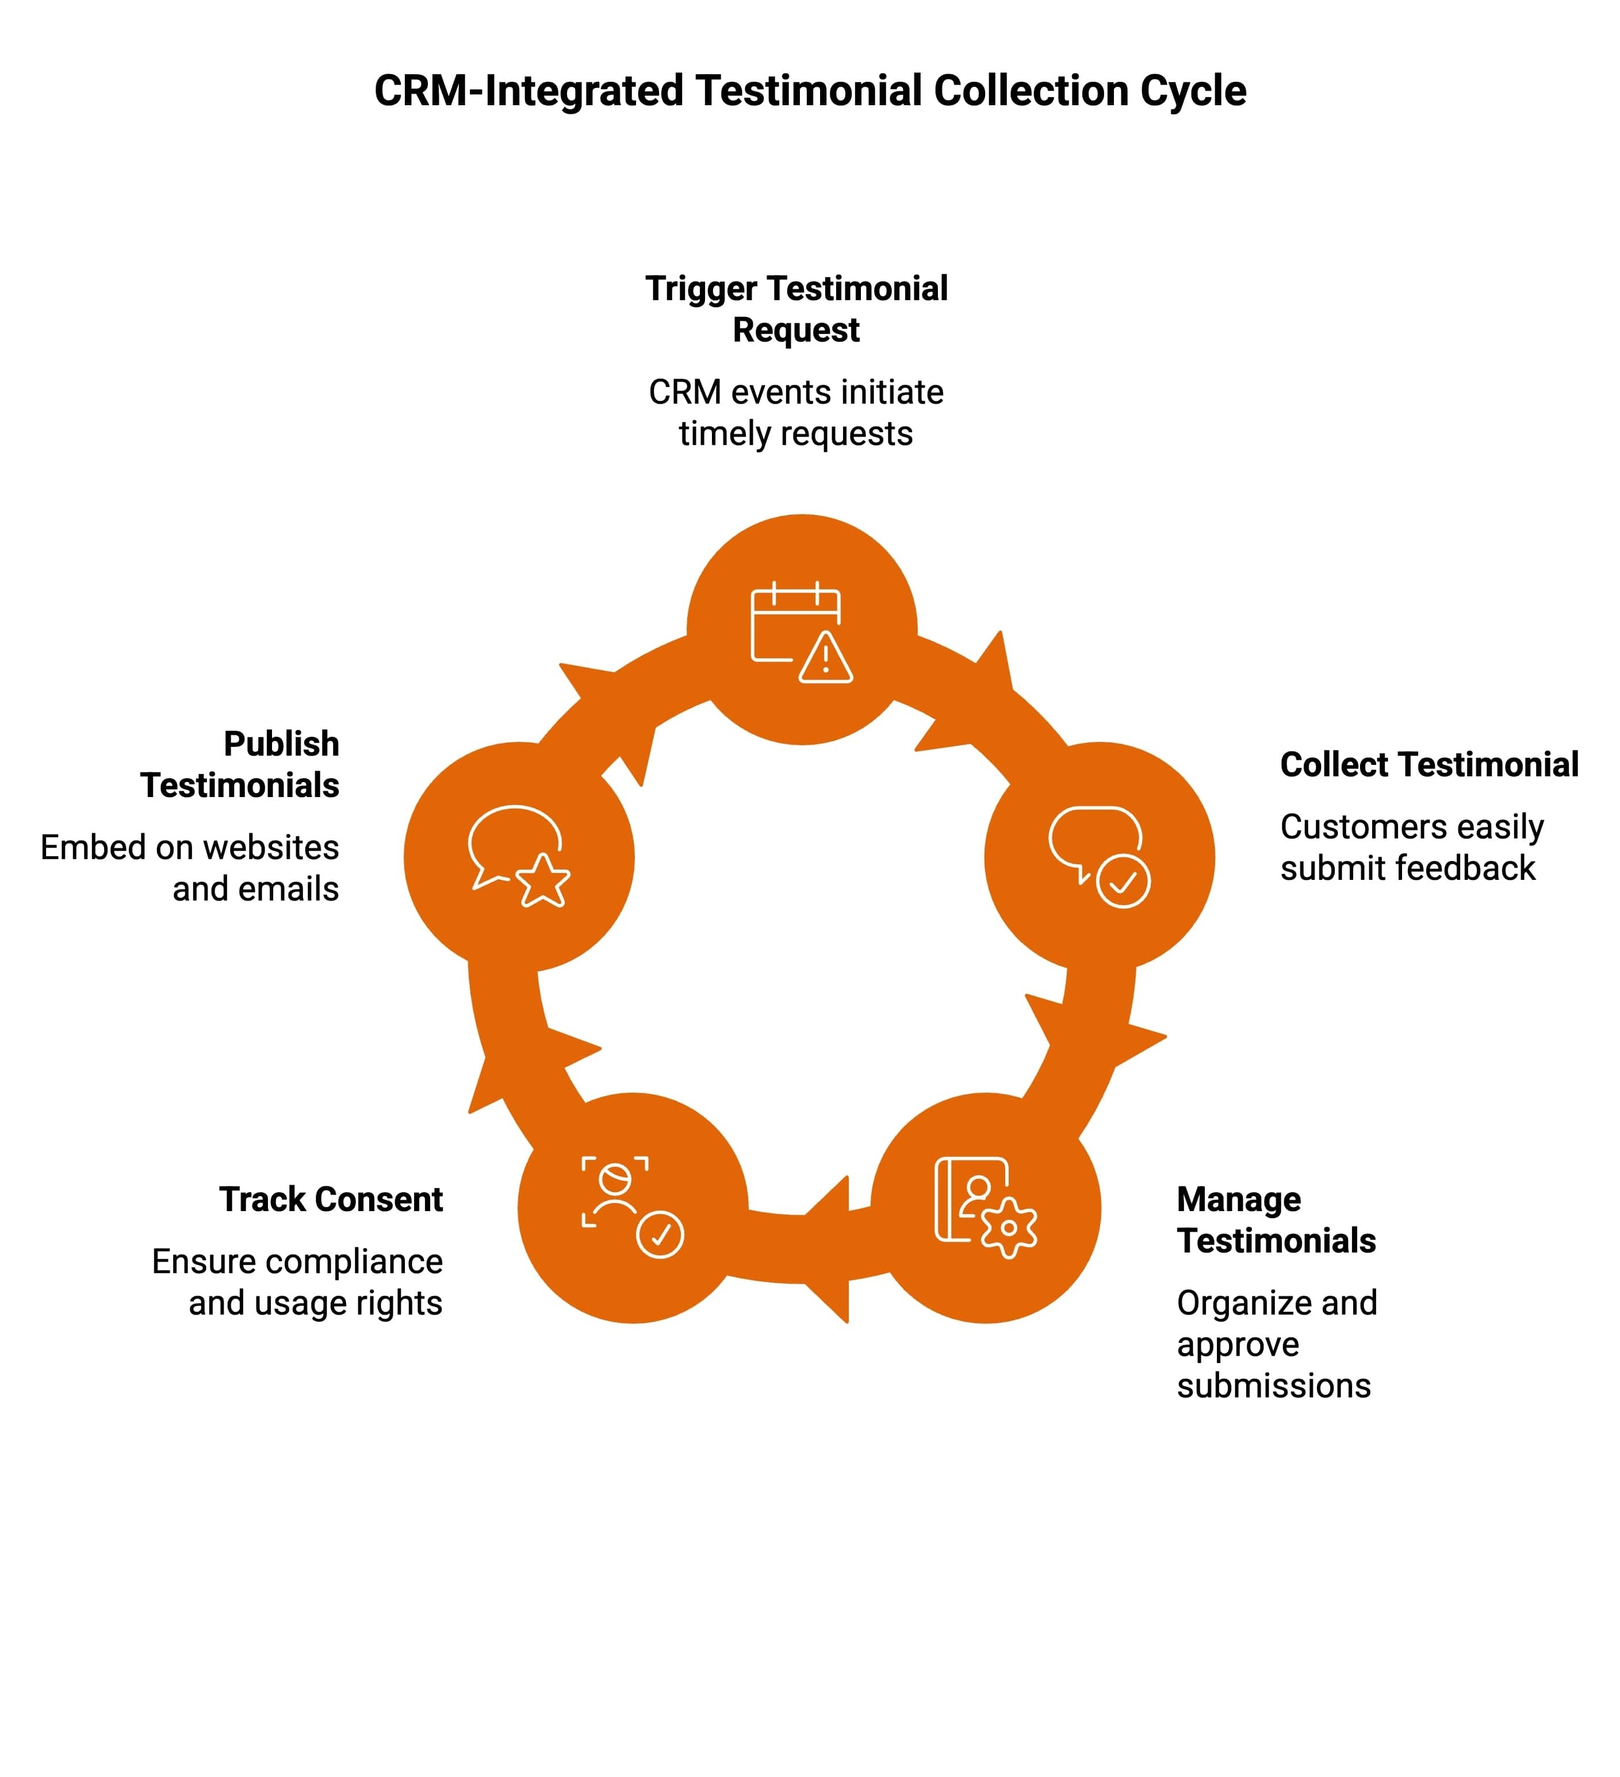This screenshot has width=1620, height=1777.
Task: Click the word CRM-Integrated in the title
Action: pyautogui.click(x=528, y=91)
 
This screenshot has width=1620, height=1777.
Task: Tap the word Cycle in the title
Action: pyautogui.click(x=1193, y=91)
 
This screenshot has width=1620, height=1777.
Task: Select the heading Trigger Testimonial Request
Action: pyautogui.click(x=796, y=308)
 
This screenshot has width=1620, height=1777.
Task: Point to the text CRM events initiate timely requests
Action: pyautogui.click(x=796, y=412)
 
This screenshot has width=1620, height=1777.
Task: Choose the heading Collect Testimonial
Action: pyautogui.click(x=1428, y=764)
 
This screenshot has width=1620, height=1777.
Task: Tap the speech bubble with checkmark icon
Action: pyautogui.click(x=1099, y=855)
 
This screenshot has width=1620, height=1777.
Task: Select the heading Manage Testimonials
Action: pyautogui.click(x=1276, y=1220)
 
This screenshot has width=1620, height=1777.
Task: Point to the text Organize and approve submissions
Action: pyautogui.click(x=1276, y=1344)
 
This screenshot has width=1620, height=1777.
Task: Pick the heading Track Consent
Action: pyautogui.click(x=331, y=1200)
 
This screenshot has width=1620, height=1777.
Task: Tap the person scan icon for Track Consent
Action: pyautogui.click(x=616, y=1191)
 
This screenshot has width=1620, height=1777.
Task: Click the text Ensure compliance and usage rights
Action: pyautogui.click(x=297, y=1282)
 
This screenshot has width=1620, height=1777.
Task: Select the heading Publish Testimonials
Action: pyautogui.click(x=240, y=764)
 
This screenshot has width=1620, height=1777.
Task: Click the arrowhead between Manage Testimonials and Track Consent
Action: pyautogui.click(x=829, y=1249)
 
